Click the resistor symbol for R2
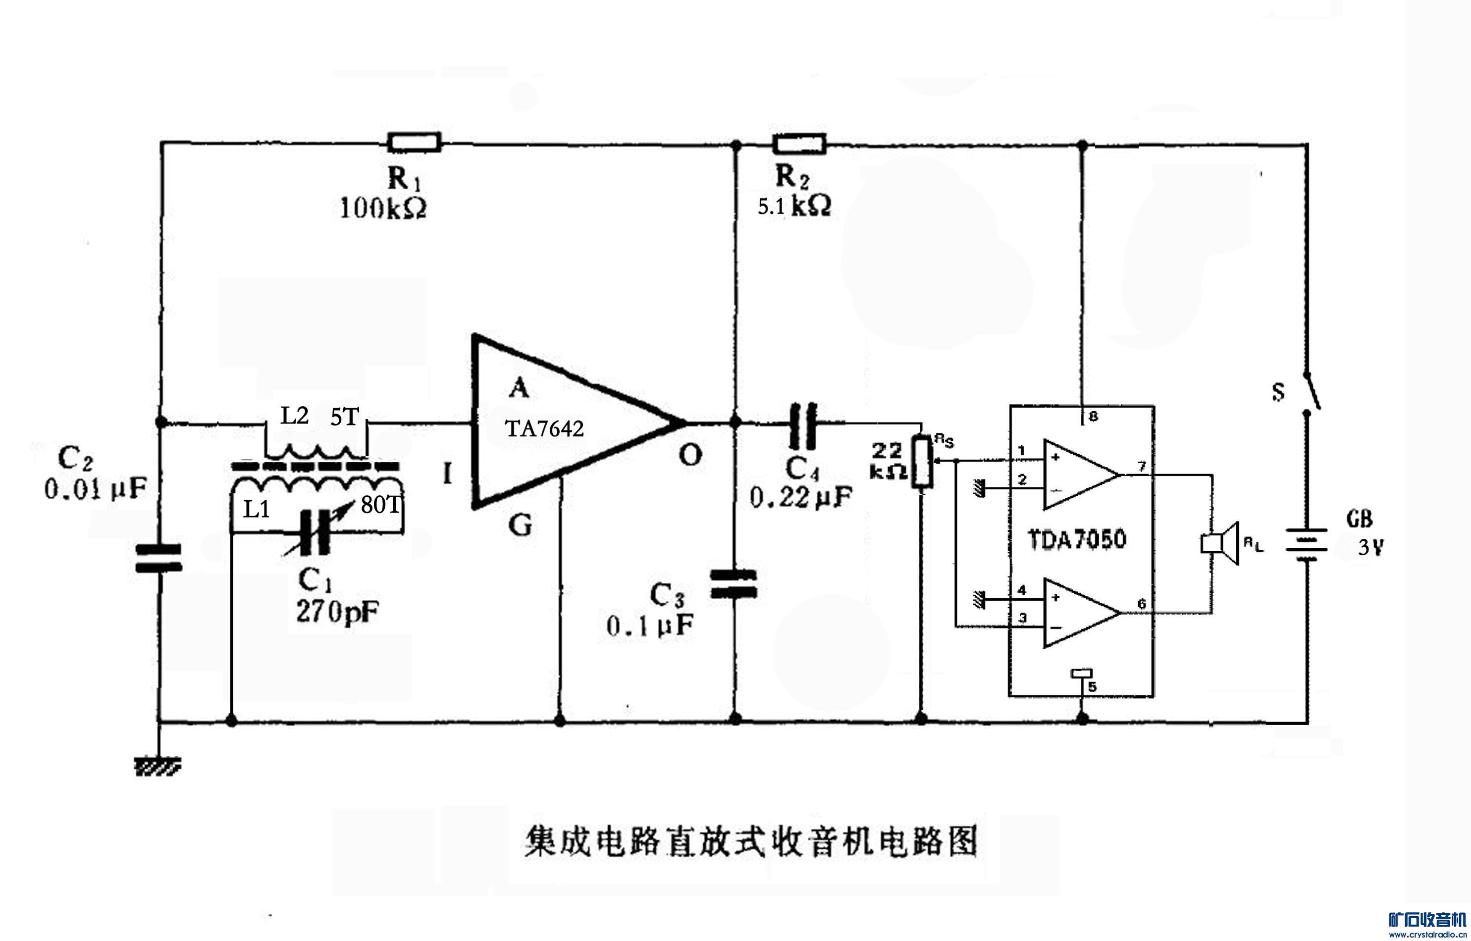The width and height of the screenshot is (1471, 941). click(x=799, y=145)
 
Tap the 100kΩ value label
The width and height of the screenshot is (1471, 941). click(x=382, y=209)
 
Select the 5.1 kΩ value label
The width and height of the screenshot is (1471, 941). click(x=793, y=207)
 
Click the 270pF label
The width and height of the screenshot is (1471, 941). click(x=337, y=612)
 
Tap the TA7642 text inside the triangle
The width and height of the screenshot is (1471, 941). click(x=544, y=428)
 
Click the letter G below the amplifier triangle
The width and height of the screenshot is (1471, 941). click(x=520, y=525)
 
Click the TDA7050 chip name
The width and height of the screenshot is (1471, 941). click(x=1077, y=539)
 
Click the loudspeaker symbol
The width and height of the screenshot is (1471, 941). click(x=1219, y=543)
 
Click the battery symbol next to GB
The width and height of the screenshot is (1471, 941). click(x=1307, y=544)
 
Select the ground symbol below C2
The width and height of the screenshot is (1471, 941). click(x=158, y=766)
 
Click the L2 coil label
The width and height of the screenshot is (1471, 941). click(x=294, y=416)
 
